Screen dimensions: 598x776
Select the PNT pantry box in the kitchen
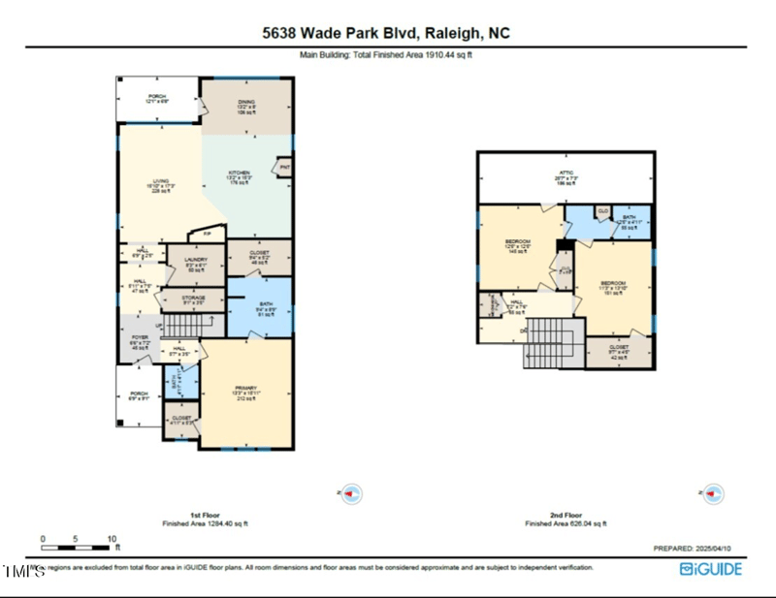[285, 168]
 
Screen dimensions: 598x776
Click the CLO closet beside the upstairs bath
[602, 211]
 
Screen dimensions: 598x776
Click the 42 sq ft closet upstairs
[619, 350]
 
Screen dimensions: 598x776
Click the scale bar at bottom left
[77, 539]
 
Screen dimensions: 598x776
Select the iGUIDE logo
[711, 569]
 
